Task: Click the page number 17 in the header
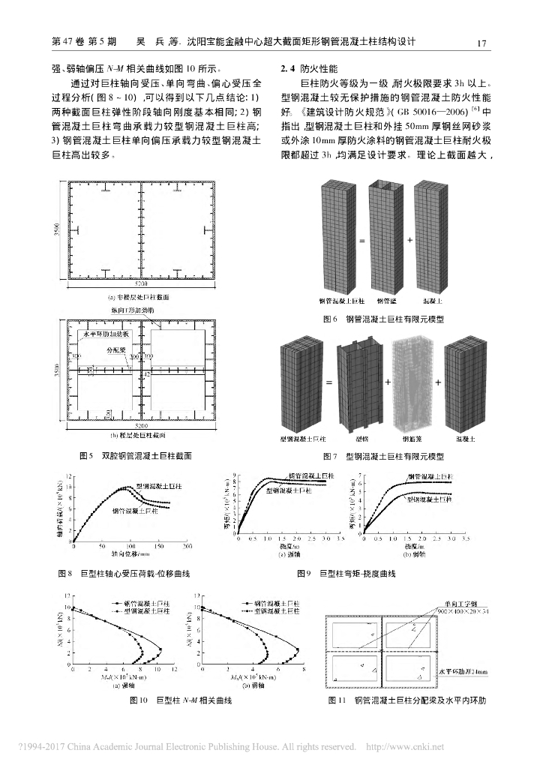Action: pos(483,43)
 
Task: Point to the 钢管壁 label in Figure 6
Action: pos(385,301)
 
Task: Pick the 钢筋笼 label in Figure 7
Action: pos(412,438)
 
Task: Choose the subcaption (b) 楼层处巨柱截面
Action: pos(142,434)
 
